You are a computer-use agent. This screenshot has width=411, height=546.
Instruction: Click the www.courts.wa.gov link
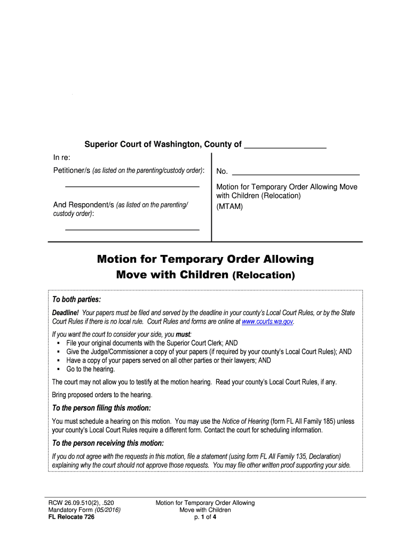click(267, 322)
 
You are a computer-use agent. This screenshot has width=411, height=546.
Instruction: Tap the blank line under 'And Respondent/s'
click(132, 229)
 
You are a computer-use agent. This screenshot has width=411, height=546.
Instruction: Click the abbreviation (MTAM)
click(230, 206)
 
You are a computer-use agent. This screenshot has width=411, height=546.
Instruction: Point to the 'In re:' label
click(61, 158)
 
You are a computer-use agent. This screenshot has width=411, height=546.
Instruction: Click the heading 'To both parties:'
click(76, 299)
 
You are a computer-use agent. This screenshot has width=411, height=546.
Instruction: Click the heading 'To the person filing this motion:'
click(101, 408)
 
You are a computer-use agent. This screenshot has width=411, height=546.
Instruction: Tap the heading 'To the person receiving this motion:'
click(107, 443)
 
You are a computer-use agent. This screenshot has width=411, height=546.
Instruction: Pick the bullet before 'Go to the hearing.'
click(57, 369)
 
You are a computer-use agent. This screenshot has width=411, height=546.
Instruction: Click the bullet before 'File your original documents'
click(57, 343)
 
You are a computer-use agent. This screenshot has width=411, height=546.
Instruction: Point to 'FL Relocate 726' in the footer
click(71, 517)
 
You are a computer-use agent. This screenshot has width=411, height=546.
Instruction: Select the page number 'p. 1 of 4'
click(205, 517)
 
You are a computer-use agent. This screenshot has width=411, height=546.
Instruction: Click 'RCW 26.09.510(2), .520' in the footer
click(81, 503)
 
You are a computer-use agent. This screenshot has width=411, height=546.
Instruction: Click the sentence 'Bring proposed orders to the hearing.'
click(102, 395)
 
